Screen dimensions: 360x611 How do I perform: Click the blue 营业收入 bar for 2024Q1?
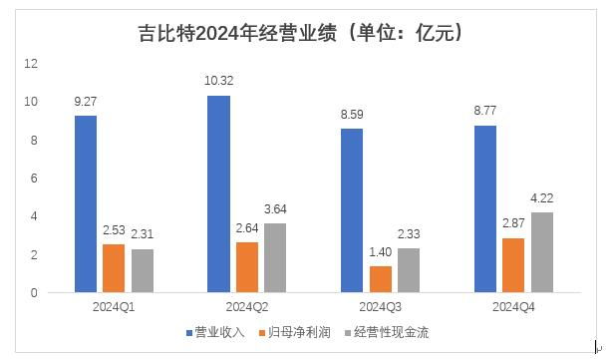click(x=86, y=204)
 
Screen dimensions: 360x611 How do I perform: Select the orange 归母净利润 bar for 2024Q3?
click(x=381, y=279)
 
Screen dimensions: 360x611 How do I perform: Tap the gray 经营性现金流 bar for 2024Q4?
click(x=542, y=252)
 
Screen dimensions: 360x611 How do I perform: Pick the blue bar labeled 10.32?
click(x=219, y=194)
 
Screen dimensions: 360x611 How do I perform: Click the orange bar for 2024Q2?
click(x=247, y=267)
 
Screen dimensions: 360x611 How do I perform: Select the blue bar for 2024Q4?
click(x=485, y=209)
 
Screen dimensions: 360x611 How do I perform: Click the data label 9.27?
click(x=86, y=102)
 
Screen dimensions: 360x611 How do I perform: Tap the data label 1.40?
click(x=381, y=253)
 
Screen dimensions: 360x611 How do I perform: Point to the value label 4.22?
click(x=542, y=199)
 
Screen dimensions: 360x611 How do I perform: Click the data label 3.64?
click(x=276, y=210)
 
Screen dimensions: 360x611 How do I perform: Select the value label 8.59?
click(x=353, y=115)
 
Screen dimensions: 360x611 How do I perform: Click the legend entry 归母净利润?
click(x=294, y=332)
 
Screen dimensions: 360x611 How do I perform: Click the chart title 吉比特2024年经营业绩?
click(x=303, y=34)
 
